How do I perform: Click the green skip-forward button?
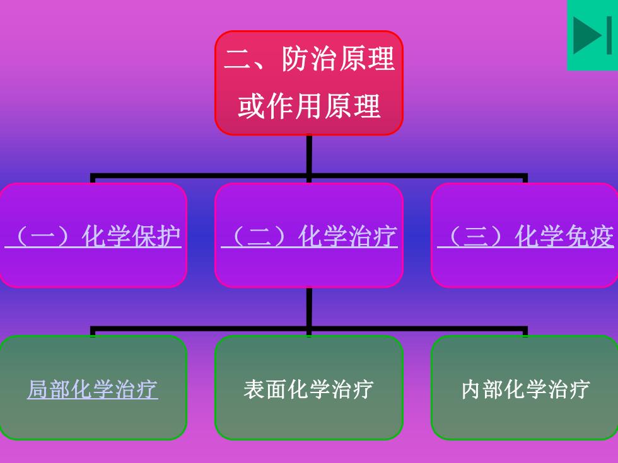pos(592,35)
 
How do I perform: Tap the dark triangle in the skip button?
pos(587,35)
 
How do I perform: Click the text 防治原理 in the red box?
pos(338,59)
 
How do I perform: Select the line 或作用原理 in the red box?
pos(309,106)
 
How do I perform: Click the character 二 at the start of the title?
pos(238,60)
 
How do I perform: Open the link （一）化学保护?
pos(93,236)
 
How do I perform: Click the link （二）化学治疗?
pos(309,236)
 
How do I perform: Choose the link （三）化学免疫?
pos(525,236)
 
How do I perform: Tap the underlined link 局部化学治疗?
pos(93,389)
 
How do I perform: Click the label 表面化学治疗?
pos(308,389)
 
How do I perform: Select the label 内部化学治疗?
pos(526,389)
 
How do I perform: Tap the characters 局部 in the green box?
pos(49,389)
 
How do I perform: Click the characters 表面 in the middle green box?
pos(265,389)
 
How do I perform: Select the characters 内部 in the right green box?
pos(482,389)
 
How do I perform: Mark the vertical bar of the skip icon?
pos(609,35)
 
